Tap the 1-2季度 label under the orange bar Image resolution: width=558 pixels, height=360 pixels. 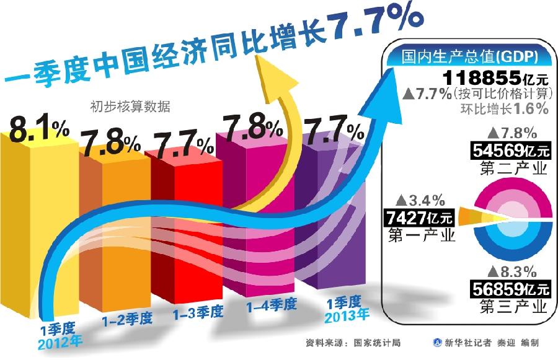[127, 319]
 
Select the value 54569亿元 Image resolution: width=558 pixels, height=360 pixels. [510, 151]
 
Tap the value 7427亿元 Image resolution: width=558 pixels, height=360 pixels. [420, 217]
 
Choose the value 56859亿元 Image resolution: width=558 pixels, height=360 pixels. [510, 288]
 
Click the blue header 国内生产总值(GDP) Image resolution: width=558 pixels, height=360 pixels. [469, 58]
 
